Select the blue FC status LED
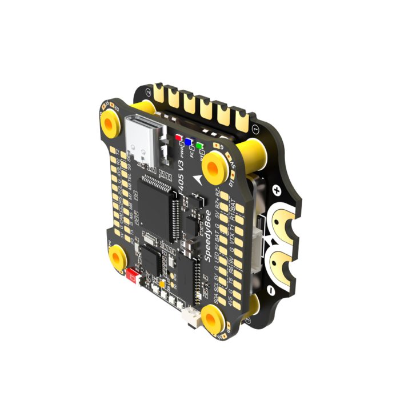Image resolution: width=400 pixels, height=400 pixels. click(187, 141)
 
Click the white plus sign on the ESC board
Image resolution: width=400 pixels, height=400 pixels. click(277, 189)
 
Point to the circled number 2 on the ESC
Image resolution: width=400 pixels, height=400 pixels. click(149, 91)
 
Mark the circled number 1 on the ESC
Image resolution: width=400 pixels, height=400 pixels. click(255, 129)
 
